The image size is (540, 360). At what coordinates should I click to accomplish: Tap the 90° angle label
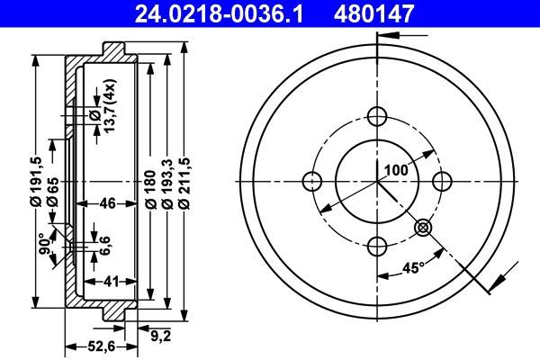pyautogui.click(x=41, y=244)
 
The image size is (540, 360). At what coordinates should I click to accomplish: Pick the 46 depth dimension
pyautogui.click(x=106, y=203)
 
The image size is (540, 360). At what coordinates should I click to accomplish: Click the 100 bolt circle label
pyautogui.click(x=396, y=169)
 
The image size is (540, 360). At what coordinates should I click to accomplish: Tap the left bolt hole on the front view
pyautogui.click(x=312, y=179)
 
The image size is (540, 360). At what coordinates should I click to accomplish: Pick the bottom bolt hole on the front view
pyautogui.click(x=376, y=244)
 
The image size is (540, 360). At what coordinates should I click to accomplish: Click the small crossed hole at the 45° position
pyautogui.click(x=422, y=229)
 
